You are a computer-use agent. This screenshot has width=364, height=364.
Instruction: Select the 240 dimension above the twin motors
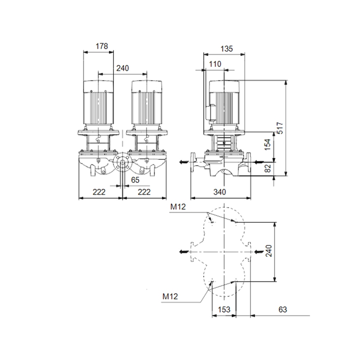pos(122,68)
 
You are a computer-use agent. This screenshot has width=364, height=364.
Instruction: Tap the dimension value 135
pos(227,48)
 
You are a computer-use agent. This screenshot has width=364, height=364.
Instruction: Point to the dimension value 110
pos(215,64)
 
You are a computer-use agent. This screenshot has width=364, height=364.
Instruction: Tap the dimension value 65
pos(135,180)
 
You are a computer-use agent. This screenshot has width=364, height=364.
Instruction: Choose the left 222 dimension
pos(99,192)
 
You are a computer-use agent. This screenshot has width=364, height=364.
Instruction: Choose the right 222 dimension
pos(144,192)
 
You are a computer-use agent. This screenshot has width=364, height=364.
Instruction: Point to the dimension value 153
pos(224,309)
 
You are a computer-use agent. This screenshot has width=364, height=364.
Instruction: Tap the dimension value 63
pos(281,309)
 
